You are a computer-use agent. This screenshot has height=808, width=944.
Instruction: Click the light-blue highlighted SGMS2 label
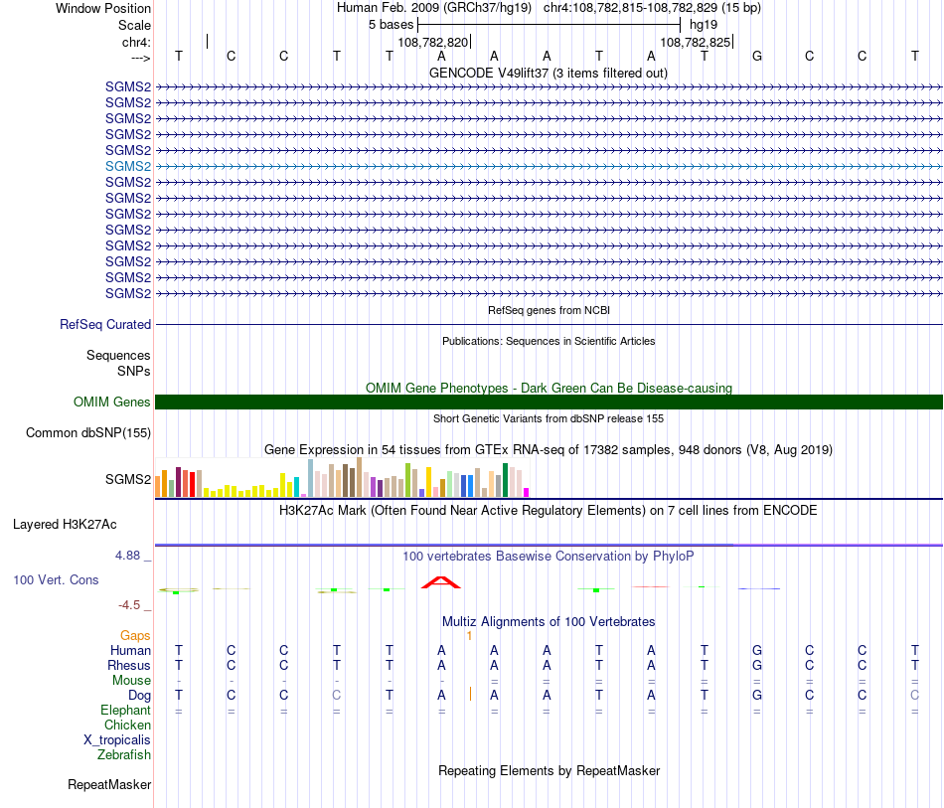(128, 166)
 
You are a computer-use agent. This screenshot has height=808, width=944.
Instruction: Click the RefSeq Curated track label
(105, 324)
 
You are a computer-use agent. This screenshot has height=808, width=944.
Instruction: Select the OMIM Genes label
(112, 402)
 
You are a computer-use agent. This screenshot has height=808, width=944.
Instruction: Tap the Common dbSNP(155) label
(88, 432)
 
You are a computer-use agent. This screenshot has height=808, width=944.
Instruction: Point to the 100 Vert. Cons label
(56, 579)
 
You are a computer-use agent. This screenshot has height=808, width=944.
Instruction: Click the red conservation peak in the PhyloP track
(440, 582)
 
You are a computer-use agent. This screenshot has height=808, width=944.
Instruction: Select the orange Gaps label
(135, 635)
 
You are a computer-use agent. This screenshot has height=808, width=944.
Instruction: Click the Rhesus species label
(130, 665)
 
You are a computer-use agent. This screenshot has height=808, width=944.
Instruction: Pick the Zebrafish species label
(124, 754)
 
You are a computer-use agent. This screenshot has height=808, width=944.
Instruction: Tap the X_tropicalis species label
(117, 739)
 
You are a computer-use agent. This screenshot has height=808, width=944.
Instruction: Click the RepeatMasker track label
(109, 784)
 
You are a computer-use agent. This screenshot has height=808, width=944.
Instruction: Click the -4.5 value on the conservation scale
(131, 604)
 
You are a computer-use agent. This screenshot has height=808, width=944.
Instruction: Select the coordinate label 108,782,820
(432, 43)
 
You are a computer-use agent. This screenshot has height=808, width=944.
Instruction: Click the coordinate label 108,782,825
(695, 43)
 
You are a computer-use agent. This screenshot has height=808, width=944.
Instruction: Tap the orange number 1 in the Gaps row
(468, 635)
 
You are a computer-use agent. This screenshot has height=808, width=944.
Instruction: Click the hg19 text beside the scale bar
(704, 24)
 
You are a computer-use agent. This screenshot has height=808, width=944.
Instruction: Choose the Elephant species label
(125, 710)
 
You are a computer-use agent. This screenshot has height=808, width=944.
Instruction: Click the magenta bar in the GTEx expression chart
(527, 491)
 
